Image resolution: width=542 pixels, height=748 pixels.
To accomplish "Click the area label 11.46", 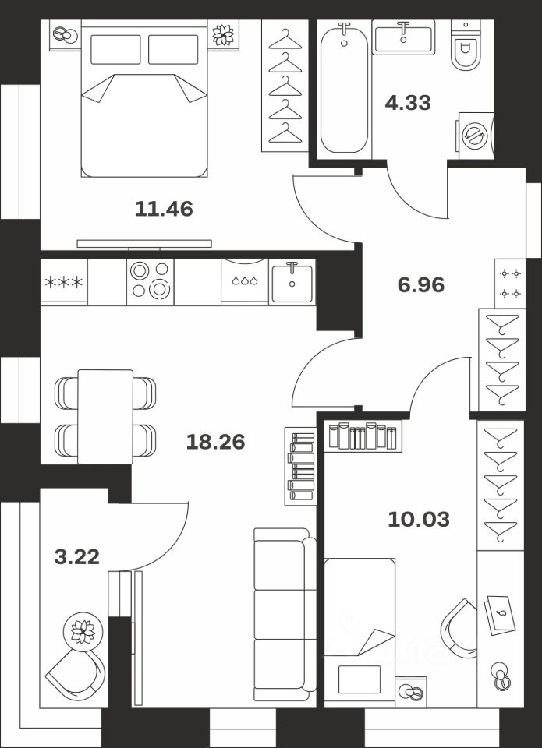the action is (164, 209).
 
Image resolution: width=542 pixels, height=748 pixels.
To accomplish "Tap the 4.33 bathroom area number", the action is (408, 103).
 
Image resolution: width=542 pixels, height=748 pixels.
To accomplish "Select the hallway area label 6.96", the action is (420, 285).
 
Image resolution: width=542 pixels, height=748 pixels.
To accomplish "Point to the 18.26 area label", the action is (215, 443).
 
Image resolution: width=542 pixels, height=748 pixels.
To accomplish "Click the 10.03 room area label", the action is (419, 519).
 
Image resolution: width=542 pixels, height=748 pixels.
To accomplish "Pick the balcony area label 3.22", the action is (77, 556).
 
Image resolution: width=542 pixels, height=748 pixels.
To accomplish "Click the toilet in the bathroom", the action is (465, 46).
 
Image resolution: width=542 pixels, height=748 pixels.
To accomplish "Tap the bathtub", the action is (344, 88).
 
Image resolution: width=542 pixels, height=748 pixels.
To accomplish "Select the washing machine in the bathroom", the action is (476, 136).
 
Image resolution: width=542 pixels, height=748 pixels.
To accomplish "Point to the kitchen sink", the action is (292, 283).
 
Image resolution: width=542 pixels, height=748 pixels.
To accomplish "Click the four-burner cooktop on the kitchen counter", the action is (150, 281).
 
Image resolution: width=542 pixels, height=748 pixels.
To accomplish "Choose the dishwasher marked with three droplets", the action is (245, 281).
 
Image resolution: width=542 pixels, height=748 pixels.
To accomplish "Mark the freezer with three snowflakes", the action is (64, 282).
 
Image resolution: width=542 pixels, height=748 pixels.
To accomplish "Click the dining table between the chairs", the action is (105, 416).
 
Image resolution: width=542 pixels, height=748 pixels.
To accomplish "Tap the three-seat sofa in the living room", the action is (285, 615).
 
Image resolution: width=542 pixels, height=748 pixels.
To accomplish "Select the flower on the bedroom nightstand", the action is (223, 35).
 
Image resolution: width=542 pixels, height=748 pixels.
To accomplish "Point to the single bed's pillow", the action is (360, 679).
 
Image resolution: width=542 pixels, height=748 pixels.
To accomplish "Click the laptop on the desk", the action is (500, 616).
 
